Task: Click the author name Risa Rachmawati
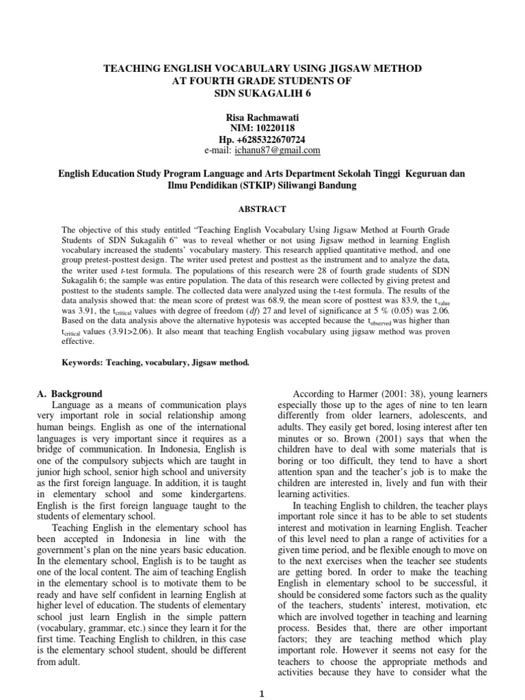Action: [x=262, y=116]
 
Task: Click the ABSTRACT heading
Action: [x=262, y=209]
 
